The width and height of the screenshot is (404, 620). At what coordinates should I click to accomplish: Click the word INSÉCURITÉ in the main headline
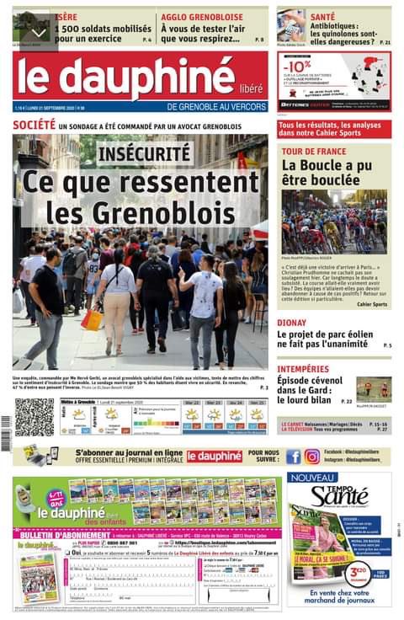click(x=145, y=154)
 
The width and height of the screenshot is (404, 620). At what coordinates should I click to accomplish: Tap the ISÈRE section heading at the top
click(x=66, y=16)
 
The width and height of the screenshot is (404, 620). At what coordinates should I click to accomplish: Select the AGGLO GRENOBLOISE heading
click(x=201, y=16)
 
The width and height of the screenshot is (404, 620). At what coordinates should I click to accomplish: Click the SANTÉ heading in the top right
click(x=322, y=16)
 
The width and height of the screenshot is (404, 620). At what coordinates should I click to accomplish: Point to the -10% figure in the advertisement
click(x=295, y=65)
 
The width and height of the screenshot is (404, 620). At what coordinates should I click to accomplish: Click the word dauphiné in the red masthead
click(x=140, y=80)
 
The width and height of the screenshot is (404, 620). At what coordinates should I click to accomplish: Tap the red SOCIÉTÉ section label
click(x=34, y=125)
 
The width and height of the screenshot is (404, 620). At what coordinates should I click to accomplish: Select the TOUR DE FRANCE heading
click(x=314, y=152)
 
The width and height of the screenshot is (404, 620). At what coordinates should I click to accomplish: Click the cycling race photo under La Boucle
click(x=335, y=221)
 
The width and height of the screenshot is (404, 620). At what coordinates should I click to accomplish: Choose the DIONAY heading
click(x=292, y=322)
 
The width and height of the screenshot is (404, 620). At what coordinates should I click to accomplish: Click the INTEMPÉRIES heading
click(x=305, y=369)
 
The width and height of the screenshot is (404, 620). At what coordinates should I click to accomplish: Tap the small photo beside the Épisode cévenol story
click(x=373, y=388)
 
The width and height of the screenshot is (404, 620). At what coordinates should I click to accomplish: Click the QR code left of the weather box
click(x=34, y=416)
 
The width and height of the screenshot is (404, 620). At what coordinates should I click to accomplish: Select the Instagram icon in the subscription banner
click(x=312, y=457)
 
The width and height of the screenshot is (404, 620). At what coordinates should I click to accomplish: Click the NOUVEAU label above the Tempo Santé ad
click(x=312, y=478)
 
